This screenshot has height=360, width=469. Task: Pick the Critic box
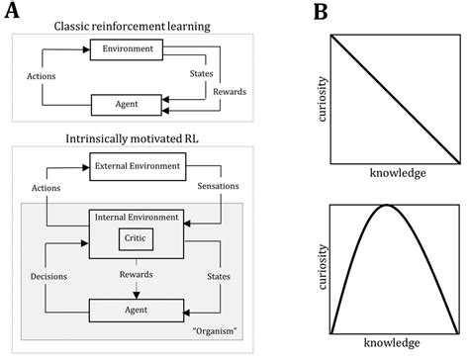point(134,236)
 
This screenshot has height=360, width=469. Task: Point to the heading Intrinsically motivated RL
point(133,135)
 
